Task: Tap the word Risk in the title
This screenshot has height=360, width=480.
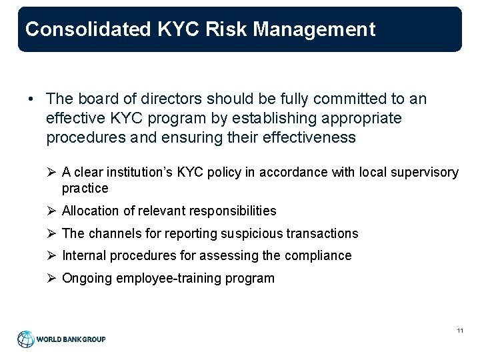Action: [217, 29]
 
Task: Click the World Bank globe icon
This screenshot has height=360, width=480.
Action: [25, 339]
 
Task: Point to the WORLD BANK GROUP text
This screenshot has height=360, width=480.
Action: [71, 339]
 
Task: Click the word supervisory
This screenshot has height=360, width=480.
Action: [427, 173]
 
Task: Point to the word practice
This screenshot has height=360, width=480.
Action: [85, 188]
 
